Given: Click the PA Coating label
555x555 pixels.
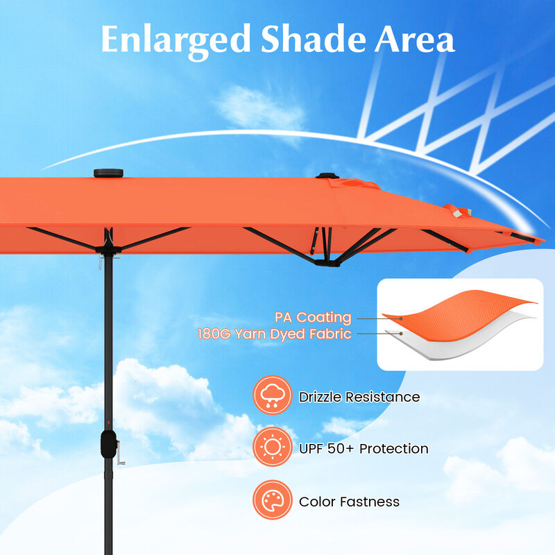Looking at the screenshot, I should (313, 318).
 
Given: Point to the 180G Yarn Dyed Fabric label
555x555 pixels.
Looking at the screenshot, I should (274, 334).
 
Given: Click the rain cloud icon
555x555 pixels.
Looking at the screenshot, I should (271, 395).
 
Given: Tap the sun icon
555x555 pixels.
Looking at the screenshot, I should (271, 448).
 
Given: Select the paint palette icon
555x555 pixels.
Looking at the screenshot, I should (271, 500).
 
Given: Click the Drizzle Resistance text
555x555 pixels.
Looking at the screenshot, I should (359, 397).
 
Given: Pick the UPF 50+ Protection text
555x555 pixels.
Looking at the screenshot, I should (364, 449).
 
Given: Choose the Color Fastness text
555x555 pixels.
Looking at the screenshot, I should (349, 501).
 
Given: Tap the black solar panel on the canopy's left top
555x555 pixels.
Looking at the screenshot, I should (108, 173).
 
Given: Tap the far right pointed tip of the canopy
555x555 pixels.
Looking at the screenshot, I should (541, 242).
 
